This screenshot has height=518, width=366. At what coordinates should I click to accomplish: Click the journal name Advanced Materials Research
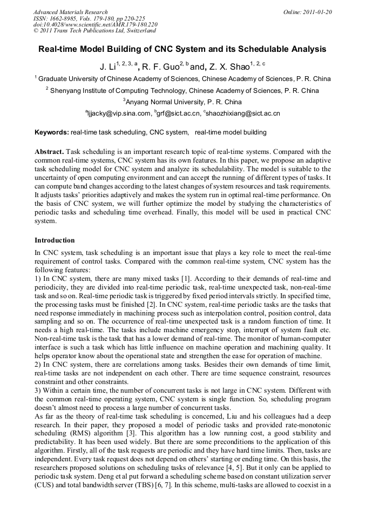tap(70, 12)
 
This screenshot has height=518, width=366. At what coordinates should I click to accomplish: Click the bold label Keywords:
tap(52, 132)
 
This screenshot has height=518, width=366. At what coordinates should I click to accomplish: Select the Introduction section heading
tap(55, 240)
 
